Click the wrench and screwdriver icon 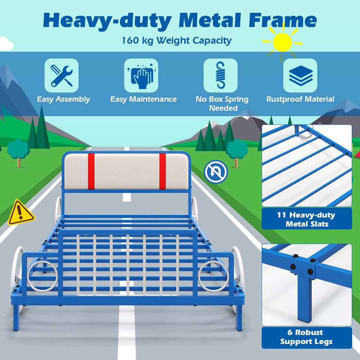pos(61,75)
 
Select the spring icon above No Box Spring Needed pos(220,75)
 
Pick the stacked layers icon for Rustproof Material pos(300,75)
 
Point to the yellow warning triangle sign pos(21,213)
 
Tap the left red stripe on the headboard pos(91,171)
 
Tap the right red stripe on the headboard pos(163,171)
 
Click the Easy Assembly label pos(63,99)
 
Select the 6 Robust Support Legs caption pos(306,337)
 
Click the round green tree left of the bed pos(18,149)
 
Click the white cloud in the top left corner pos(6,44)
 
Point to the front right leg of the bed pos(239,317)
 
